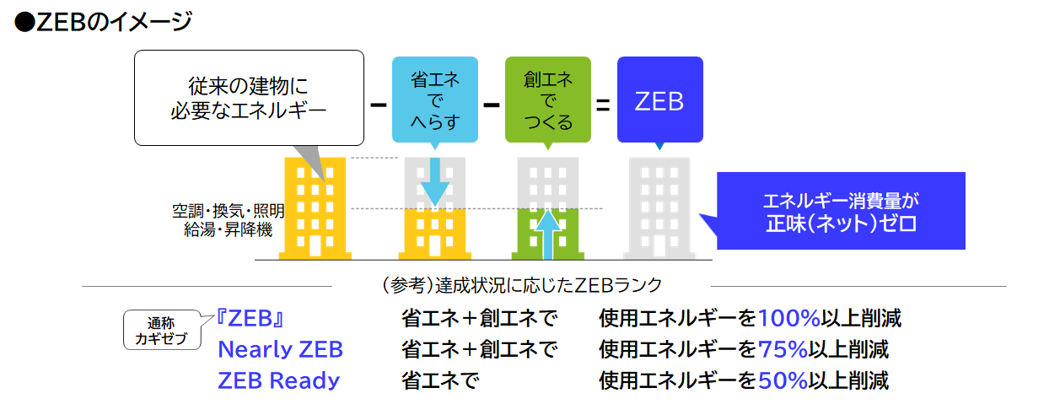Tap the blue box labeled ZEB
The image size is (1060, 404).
659,101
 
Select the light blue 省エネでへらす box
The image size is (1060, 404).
434,100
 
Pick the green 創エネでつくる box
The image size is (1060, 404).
547,100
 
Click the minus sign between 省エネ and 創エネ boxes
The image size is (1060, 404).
491,105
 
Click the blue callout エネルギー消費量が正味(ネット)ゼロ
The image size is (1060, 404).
840,212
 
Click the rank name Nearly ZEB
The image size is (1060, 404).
280,349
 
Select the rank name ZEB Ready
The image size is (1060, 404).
278,380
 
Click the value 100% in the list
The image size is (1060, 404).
788,318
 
